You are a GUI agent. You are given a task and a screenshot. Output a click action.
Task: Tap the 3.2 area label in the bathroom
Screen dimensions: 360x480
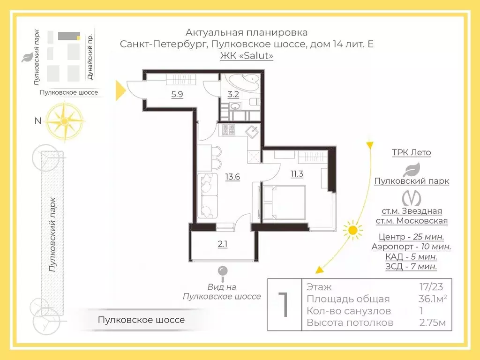tap(233, 94)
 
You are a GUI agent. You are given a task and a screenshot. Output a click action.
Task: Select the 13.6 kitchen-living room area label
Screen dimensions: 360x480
tap(232, 177)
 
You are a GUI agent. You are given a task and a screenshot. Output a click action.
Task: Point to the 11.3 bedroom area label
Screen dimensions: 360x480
tap(297, 174)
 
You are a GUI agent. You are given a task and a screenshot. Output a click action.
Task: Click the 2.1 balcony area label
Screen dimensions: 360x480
tap(222, 244)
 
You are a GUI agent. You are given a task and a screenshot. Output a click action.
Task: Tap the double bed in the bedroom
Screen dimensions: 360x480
tap(284, 202)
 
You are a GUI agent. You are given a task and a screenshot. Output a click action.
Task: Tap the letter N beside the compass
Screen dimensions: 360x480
tap(38, 121)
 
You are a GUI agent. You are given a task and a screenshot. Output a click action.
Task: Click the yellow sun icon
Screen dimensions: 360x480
tap(352, 230)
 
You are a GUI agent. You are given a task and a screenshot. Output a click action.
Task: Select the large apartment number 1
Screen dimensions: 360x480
tap(284, 305)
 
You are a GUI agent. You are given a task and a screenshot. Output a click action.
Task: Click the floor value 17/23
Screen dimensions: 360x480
tap(430, 287)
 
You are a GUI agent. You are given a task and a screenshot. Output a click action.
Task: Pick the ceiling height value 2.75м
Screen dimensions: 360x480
tap(432, 323)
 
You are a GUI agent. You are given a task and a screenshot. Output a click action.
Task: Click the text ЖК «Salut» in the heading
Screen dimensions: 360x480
tap(247, 56)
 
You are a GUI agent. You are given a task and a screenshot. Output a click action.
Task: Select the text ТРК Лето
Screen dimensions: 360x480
tap(411, 153)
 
